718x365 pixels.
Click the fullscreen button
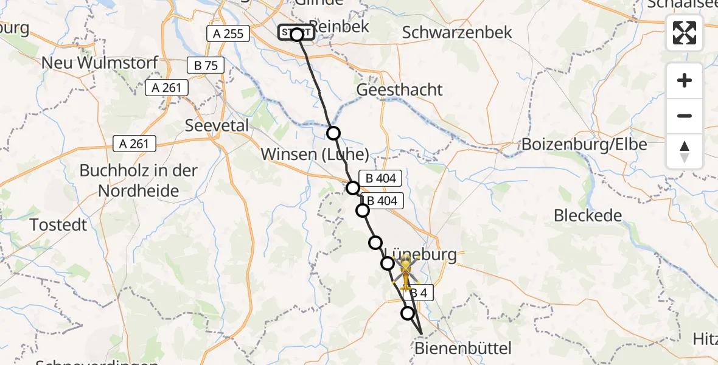pos(685,33)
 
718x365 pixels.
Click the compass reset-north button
pos(685,151)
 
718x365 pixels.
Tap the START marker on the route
pos(296,33)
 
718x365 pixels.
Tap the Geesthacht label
pos(399,89)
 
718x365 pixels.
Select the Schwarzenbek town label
pos(458,32)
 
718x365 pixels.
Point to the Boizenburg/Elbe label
pos(584,145)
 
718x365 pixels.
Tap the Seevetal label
pos(217,125)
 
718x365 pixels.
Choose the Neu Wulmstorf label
pos(100,62)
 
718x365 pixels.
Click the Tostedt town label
pos(58,225)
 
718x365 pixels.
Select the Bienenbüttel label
pos(463,349)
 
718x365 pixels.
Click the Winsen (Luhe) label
pos(315,155)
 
